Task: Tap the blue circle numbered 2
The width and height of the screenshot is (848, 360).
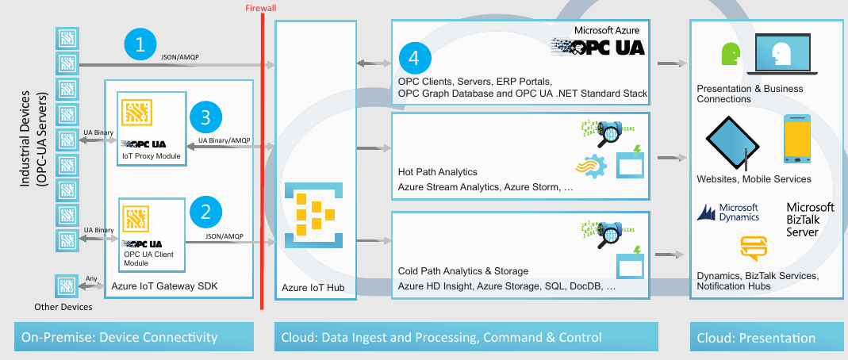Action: (206, 211)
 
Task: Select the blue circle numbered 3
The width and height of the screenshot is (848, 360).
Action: (206, 119)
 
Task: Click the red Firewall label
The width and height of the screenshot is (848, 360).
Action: (262, 8)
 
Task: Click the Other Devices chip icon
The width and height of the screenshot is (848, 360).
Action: (67, 285)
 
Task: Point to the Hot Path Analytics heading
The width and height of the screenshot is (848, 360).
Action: (437, 171)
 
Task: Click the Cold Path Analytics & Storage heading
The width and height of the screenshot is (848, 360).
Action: (463, 271)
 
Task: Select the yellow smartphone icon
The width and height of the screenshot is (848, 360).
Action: (796, 138)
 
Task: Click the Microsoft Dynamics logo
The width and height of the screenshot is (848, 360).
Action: (728, 212)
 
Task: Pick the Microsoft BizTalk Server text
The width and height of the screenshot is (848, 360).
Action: (810, 220)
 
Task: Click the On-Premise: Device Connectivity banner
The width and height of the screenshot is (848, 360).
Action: (134, 338)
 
